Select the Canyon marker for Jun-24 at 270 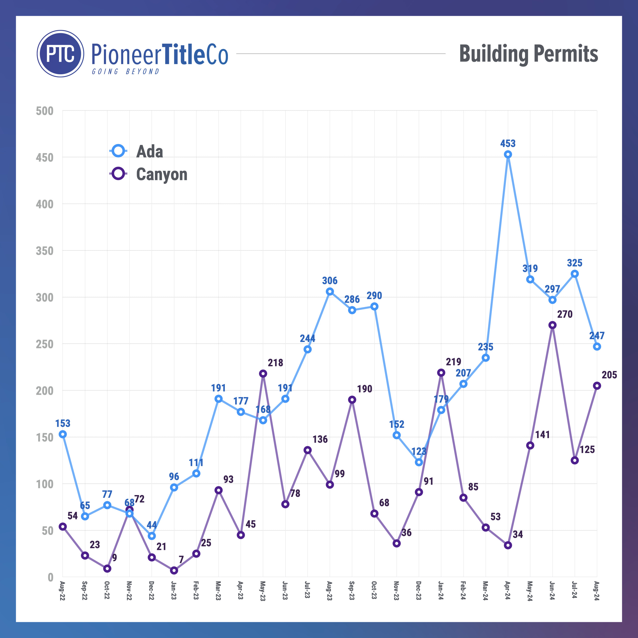[x=553, y=325]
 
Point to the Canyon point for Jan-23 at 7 [x=174, y=571]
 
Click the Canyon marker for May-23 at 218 [x=263, y=374]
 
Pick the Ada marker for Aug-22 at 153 [x=63, y=434]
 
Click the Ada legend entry [x=136, y=151]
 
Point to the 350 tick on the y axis [x=45, y=251]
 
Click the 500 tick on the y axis [x=45, y=111]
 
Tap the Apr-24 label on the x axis [x=508, y=591]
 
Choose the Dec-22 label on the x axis [x=151, y=591]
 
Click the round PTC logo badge [x=60, y=54]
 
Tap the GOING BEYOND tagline [x=126, y=72]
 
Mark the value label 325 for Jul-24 [x=575, y=263]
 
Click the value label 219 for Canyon [x=453, y=362]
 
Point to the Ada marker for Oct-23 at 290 [x=374, y=306]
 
